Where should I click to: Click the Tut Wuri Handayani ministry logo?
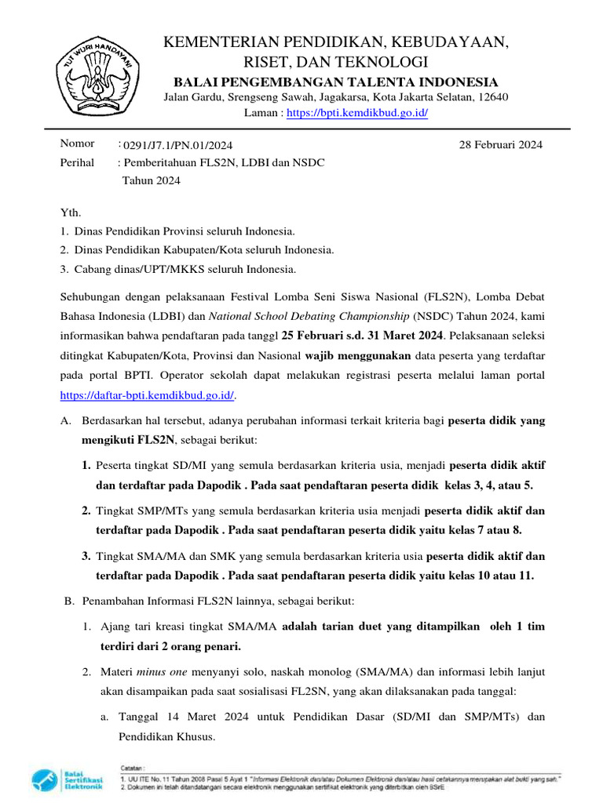[97, 73]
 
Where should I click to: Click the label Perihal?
[78, 162]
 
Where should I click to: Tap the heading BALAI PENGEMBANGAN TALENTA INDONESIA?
[335, 82]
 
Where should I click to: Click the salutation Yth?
[71, 213]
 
